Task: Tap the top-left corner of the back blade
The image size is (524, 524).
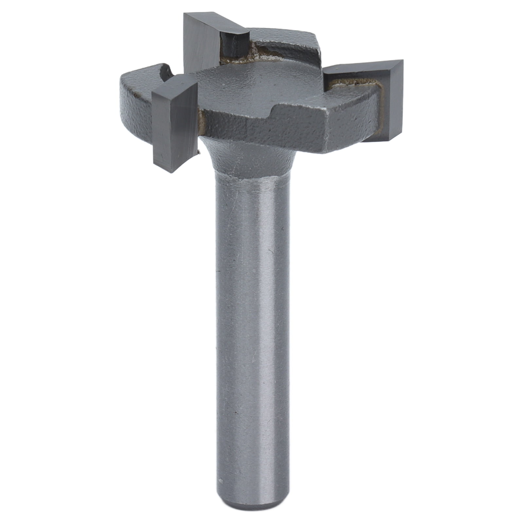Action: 185,15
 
